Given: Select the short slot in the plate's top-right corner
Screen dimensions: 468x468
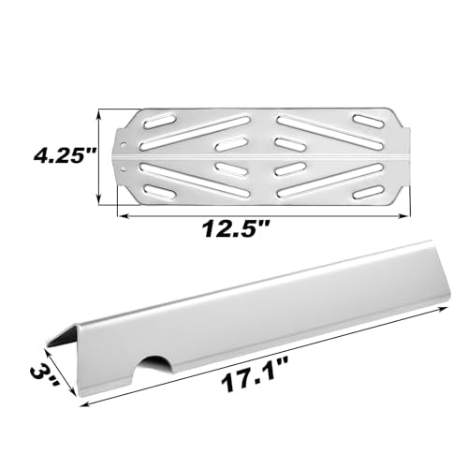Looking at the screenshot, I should click(367, 120).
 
